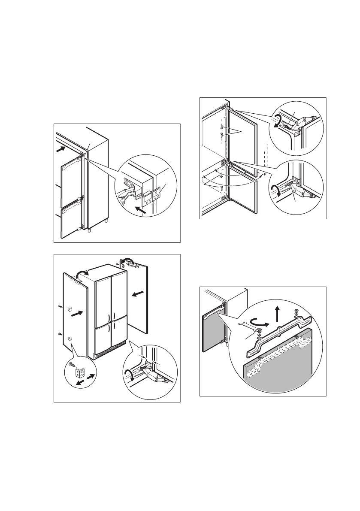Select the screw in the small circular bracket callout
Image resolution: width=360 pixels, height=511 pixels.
pyautogui.click(x=71, y=364)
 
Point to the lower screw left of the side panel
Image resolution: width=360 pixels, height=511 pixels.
pyautogui.click(x=59, y=333)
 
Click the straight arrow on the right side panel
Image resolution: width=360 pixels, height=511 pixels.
pyautogui.click(x=138, y=293)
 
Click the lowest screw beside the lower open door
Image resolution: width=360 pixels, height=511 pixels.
pyautogui.click(x=221, y=187)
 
